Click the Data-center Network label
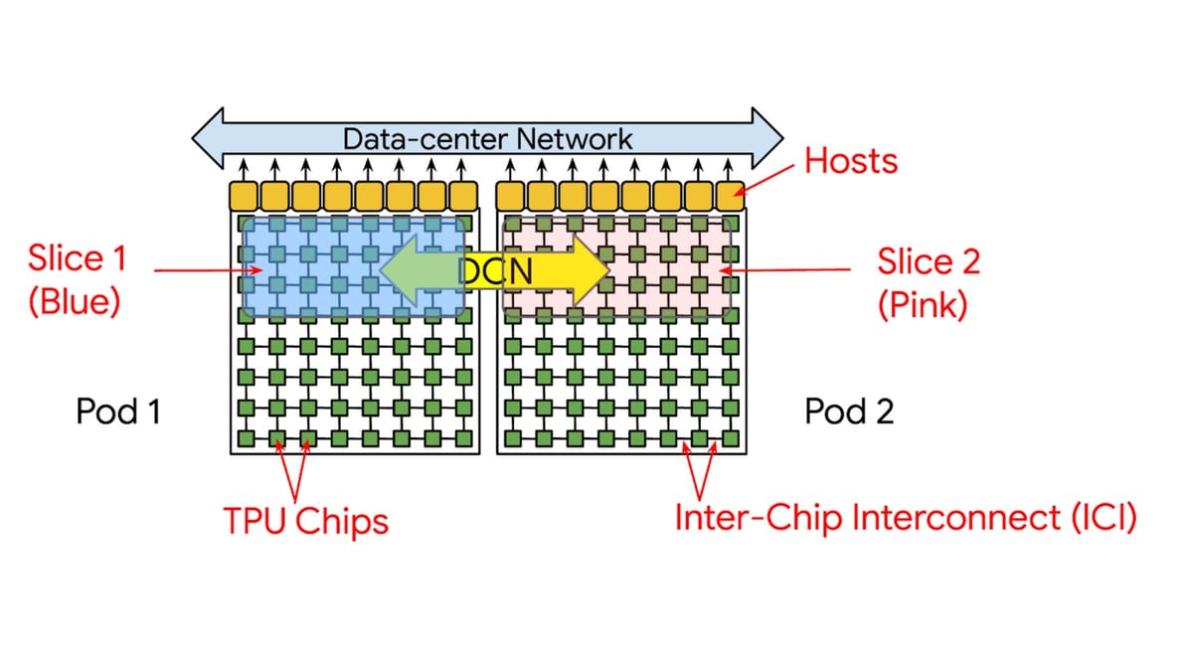[x=487, y=138]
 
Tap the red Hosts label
[x=851, y=160]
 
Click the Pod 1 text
[x=118, y=411]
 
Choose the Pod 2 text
[x=849, y=411]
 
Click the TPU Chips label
[x=305, y=520]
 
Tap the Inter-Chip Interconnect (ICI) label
[x=905, y=518]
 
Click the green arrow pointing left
[x=418, y=269]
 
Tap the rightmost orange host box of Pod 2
[x=732, y=195]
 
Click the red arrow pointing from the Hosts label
[x=769, y=180]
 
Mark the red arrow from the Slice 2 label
[x=785, y=269]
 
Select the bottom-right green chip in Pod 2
[x=732, y=438]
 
